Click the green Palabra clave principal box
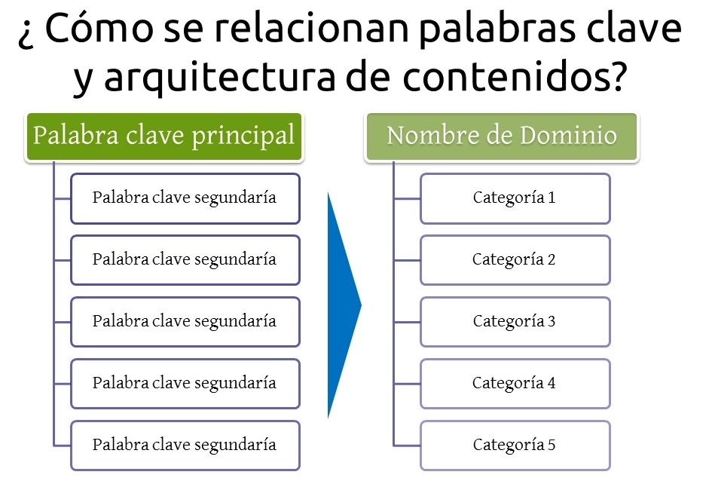point(164,137)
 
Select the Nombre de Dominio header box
point(502,137)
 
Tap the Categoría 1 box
point(515,198)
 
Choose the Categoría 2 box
point(515,260)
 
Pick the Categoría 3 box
point(515,322)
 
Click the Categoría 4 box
point(515,384)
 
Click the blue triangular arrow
point(342,305)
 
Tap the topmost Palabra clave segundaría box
point(185,198)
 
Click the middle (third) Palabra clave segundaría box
point(185,322)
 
